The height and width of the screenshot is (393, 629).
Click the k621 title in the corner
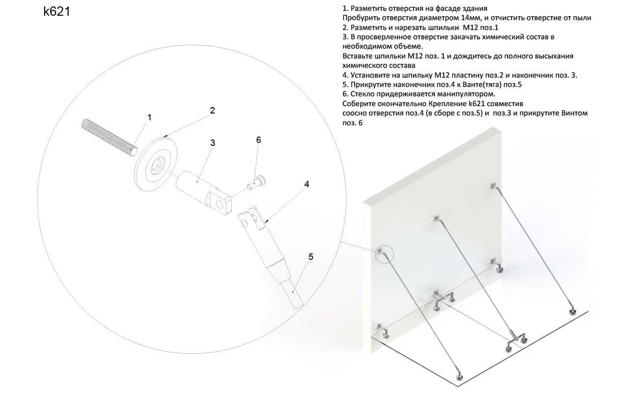[x=57, y=11]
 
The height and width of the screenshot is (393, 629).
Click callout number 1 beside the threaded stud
[x=149, y=117]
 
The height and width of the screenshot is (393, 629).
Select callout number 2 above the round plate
[x=212, y=111]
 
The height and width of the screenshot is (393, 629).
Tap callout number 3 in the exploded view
[x=213, y=143]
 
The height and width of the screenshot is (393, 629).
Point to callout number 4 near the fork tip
[x=307, y=184]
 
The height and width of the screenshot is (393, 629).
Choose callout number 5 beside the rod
[x=311, y=257]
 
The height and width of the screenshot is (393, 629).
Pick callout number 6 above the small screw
[x=258, y=140]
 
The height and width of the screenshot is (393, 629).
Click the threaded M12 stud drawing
[x=110, y=137]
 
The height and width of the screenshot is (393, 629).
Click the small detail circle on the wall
[x=385, y=254]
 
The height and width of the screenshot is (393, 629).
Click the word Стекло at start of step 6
[x=362, y=94]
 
